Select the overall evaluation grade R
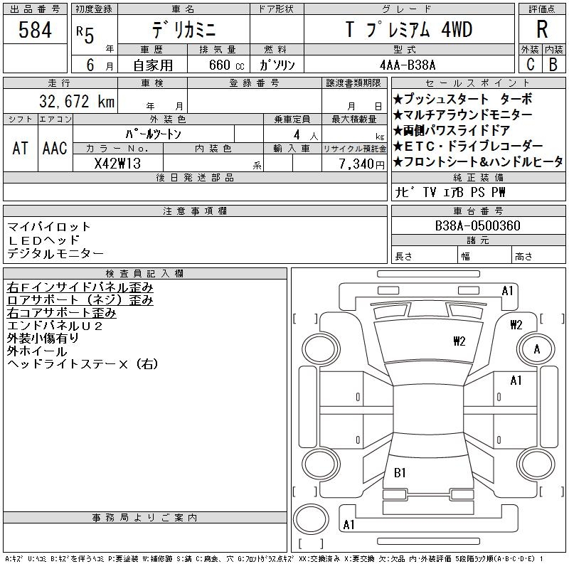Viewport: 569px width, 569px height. pyautogui.click(x=542, y=30)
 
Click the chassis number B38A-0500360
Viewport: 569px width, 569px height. pyautogui.click(x=478, y=226)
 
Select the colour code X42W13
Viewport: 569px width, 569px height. pyautogui.click(x=118, y=163)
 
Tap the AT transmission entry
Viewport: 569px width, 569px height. pyautogui.click(x=20, y=148)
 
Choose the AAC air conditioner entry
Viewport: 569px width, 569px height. pyautogui.click(x=55, y=148)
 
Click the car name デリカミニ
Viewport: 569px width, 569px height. pyautogui.click(x=182, y=30)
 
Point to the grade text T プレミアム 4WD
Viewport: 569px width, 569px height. pyautogui.click(x=408, y=30)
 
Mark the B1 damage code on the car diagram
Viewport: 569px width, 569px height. pyautogui.click(x=400, y=472)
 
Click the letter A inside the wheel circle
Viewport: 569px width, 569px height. pyautogui.click(x=537, y=349)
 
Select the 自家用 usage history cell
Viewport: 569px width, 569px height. pyautogui.click(x=154, y=65)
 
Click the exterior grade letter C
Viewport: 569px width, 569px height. pyautogui.click(x=529, y=65)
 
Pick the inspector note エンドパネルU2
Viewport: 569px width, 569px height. pyautogui.click(x=55, y=326)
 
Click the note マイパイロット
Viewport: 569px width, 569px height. pyautogui.click(x=49, y=227)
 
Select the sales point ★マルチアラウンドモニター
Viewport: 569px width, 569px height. pyautogui.click(x=467, y=115)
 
